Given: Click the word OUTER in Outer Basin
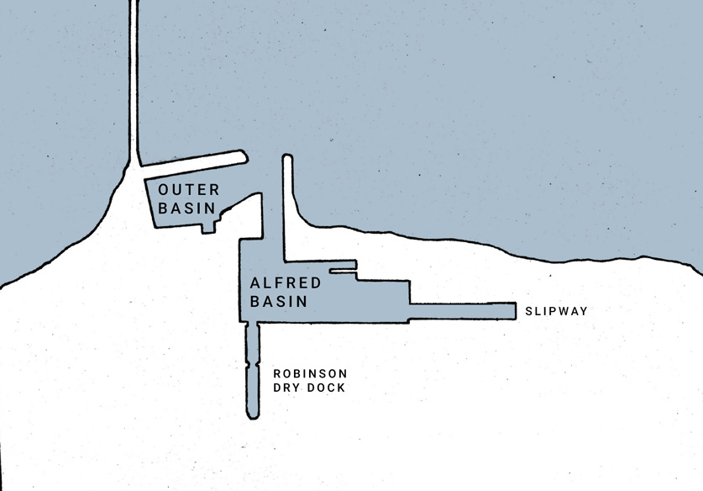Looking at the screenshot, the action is coord(189,190).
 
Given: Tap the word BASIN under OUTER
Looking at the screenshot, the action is coord(187,209).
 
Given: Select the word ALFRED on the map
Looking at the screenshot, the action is coord(286,283).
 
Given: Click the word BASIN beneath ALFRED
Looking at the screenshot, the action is coord(278,301).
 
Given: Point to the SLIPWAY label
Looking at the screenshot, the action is coord(556,311).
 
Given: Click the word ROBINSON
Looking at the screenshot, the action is coord(310,373).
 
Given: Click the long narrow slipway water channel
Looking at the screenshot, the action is coord(463,311).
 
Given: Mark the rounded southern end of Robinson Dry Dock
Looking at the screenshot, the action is coord(253,414).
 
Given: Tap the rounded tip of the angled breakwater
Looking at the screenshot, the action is coord(244,156).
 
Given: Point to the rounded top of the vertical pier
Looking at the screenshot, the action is coord(287,157).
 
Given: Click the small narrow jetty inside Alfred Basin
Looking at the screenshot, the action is coord(343,271).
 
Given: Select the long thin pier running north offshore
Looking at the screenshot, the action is coord(134,81).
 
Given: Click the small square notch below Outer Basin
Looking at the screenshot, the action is coord(208,228).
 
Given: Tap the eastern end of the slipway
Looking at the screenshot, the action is coord(515,311).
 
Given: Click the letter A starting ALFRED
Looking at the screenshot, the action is coord(255,283).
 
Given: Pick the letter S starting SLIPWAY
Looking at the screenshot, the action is coord(528,311).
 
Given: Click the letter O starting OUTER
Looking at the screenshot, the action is coord(163,190).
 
